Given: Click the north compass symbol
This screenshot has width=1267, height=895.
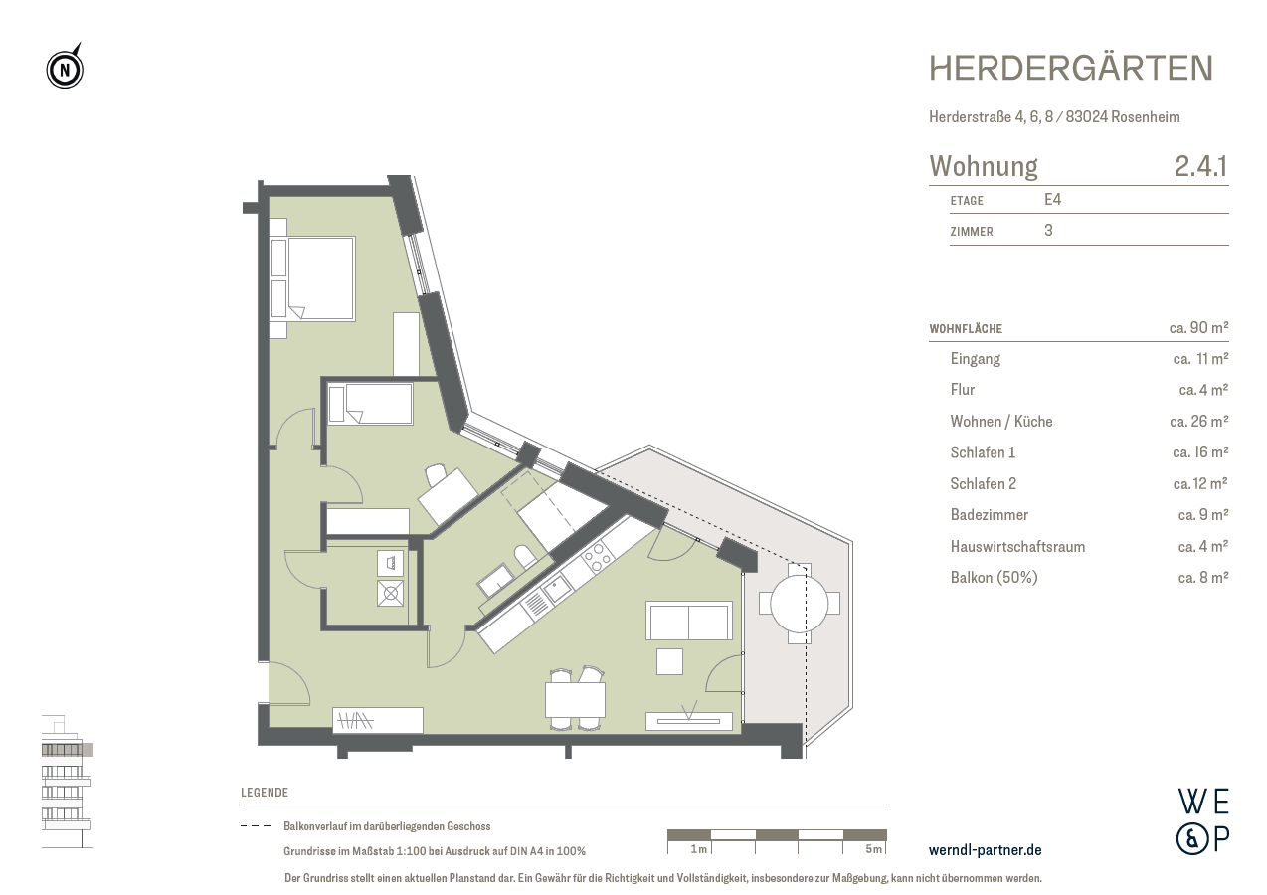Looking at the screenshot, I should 65,69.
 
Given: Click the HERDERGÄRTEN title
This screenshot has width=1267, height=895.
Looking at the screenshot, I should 1071,68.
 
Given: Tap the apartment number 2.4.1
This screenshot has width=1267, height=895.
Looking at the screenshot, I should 1200,166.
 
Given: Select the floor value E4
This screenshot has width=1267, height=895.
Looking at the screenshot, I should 1052,200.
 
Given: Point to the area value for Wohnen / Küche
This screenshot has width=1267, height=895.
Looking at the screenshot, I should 1198,422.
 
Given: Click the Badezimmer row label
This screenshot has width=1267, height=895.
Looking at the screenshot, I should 989,515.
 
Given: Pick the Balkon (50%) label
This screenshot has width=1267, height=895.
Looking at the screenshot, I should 994,578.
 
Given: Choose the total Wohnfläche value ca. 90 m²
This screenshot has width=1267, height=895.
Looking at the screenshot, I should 1198,327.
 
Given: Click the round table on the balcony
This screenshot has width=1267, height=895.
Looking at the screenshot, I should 800,603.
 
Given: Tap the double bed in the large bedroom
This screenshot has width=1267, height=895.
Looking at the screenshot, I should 313,278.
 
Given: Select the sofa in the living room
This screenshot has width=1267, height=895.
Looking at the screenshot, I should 689,621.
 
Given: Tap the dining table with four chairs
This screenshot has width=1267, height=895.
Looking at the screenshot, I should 575,700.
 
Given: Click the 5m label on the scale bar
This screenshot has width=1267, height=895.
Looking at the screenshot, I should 873,849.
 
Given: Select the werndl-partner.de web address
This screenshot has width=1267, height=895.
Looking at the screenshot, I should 985,850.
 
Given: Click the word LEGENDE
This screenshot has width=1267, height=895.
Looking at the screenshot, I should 265,793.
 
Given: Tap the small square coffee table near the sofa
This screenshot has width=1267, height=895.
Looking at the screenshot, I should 669,661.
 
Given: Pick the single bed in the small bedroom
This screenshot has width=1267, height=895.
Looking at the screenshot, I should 371,404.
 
